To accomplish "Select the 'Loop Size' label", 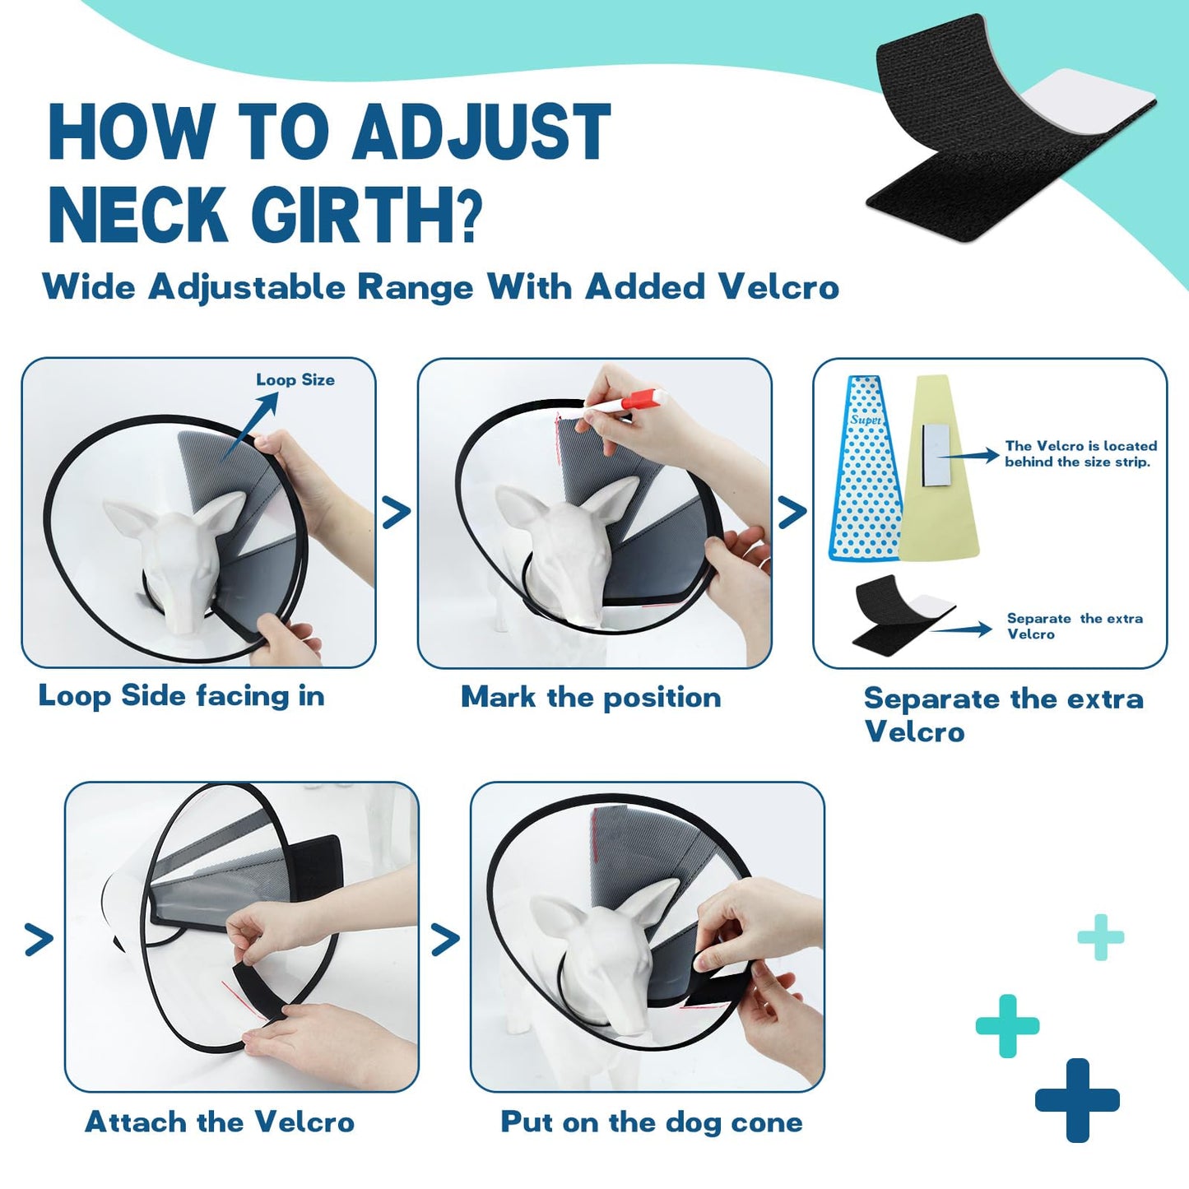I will tap(295, 380).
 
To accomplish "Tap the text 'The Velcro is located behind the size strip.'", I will tap(1080, 454).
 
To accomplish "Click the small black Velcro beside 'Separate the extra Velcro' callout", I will tap(901, 613).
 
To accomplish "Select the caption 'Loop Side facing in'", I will tap(182, 696).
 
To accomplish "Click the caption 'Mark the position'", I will tap(590, 698).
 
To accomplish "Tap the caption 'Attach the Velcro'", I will tap(220, 1122).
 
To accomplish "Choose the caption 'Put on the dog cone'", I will tap(651, 1122).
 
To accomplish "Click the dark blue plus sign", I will tap(1077, 1100).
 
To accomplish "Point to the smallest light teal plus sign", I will tap(1100, 937).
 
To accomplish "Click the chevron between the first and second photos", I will tap(397, 513).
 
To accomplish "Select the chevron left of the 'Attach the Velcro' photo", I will tap(39, 939).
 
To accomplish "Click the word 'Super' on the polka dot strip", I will tap(865, 420).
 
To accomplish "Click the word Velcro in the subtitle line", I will tap(778, 287).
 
